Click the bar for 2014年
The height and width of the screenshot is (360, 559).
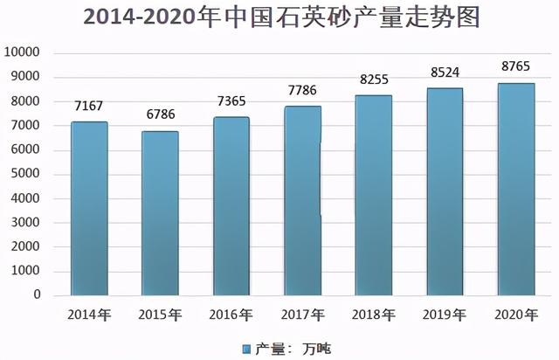click(x=89, y=208)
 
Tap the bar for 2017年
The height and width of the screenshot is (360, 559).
click(x=302, y=201)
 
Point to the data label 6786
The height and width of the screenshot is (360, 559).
click(x=160, y=117)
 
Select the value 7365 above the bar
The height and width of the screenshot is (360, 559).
click(x=231, y=102)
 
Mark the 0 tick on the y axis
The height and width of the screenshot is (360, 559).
click(x=38, y=295)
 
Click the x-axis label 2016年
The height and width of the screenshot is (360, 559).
click(x=231, y=314)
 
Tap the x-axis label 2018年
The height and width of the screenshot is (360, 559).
click(x=374, y=314)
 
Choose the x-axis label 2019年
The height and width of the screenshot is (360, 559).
click(x=445, y=314)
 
